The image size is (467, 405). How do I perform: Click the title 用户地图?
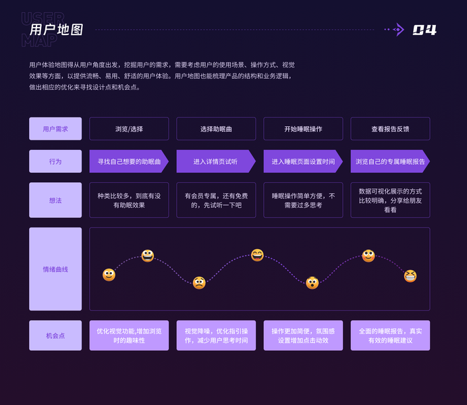57,30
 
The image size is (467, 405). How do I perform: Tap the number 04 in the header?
424,30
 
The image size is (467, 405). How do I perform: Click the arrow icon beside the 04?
397,30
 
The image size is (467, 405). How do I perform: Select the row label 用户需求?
55,129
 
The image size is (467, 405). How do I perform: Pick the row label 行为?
55,161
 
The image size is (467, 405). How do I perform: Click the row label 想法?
55,200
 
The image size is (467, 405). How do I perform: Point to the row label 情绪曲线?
55,269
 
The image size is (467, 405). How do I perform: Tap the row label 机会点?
55,335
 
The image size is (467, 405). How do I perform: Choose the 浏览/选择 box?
129,129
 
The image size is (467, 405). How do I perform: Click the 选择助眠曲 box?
216,129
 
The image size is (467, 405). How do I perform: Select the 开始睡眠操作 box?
303,129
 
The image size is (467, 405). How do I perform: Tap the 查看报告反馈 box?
390,129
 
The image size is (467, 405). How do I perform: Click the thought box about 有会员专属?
216,200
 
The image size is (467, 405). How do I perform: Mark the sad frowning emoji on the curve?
199,283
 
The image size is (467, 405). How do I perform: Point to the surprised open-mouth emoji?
312,283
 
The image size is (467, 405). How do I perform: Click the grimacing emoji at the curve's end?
410,275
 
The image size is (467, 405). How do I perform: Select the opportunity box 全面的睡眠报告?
390,335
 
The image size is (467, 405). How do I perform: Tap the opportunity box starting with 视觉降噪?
216,335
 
